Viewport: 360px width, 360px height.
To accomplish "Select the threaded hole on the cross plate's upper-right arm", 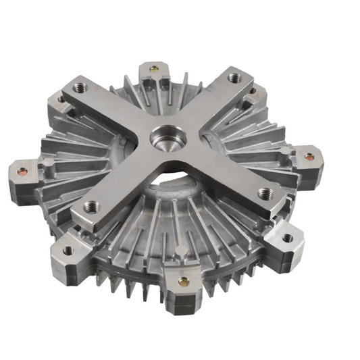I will (234, 78).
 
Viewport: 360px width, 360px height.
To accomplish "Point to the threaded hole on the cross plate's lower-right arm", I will (265, 194).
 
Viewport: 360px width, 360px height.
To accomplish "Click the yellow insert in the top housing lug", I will (155, 69).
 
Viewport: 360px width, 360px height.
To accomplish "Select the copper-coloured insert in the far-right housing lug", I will (309, 157).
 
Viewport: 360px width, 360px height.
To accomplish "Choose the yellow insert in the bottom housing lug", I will (182, 281).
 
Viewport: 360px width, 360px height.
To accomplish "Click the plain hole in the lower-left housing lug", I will (67, 251).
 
